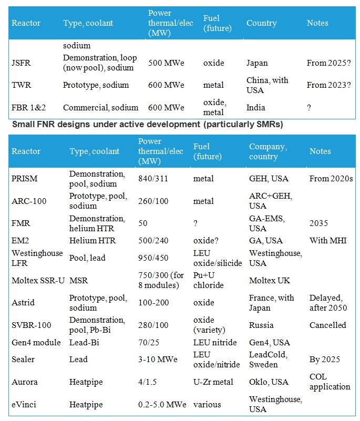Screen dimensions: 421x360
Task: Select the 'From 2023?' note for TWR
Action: [x=328, y=85]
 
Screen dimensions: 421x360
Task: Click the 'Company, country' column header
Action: [x=268, y=151]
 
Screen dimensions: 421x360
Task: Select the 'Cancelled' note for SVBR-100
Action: [x=328, y=325]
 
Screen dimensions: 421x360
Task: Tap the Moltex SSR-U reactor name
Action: [x=38, y=280]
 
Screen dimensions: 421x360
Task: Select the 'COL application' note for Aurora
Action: [x=330, y=382]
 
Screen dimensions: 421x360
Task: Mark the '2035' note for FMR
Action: [x=318, y=223]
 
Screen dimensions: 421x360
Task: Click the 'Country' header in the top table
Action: [x=261, y=23]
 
